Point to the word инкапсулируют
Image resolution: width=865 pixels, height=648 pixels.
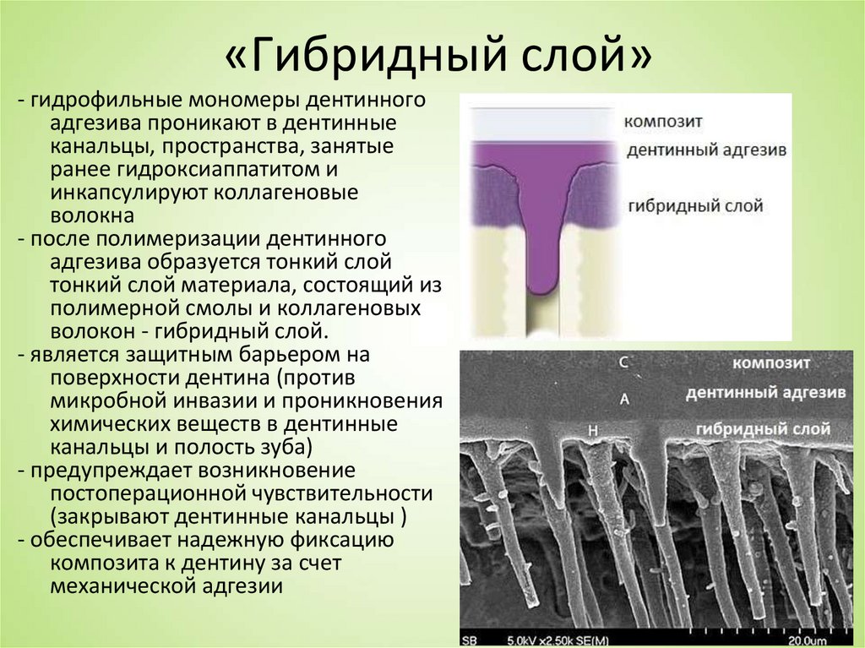(128, 193)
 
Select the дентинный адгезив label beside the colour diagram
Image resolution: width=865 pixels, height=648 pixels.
(706, 150)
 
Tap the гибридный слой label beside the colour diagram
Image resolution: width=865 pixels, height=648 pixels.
(694, 205)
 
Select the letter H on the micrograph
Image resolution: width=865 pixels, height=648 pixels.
(592, 431)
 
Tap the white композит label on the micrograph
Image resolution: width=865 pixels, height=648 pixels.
(771, 363)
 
